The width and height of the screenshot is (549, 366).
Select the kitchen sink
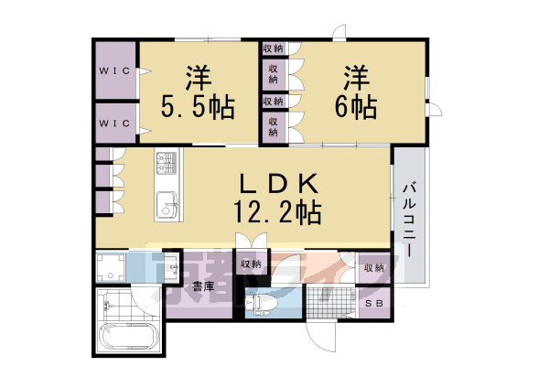[x=166, y=206]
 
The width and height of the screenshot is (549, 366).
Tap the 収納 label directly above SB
[x=373, y=267]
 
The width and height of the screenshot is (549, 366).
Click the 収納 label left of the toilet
[x=250, y=264]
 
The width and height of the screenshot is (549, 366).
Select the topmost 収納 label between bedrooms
[x=273, y=48]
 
